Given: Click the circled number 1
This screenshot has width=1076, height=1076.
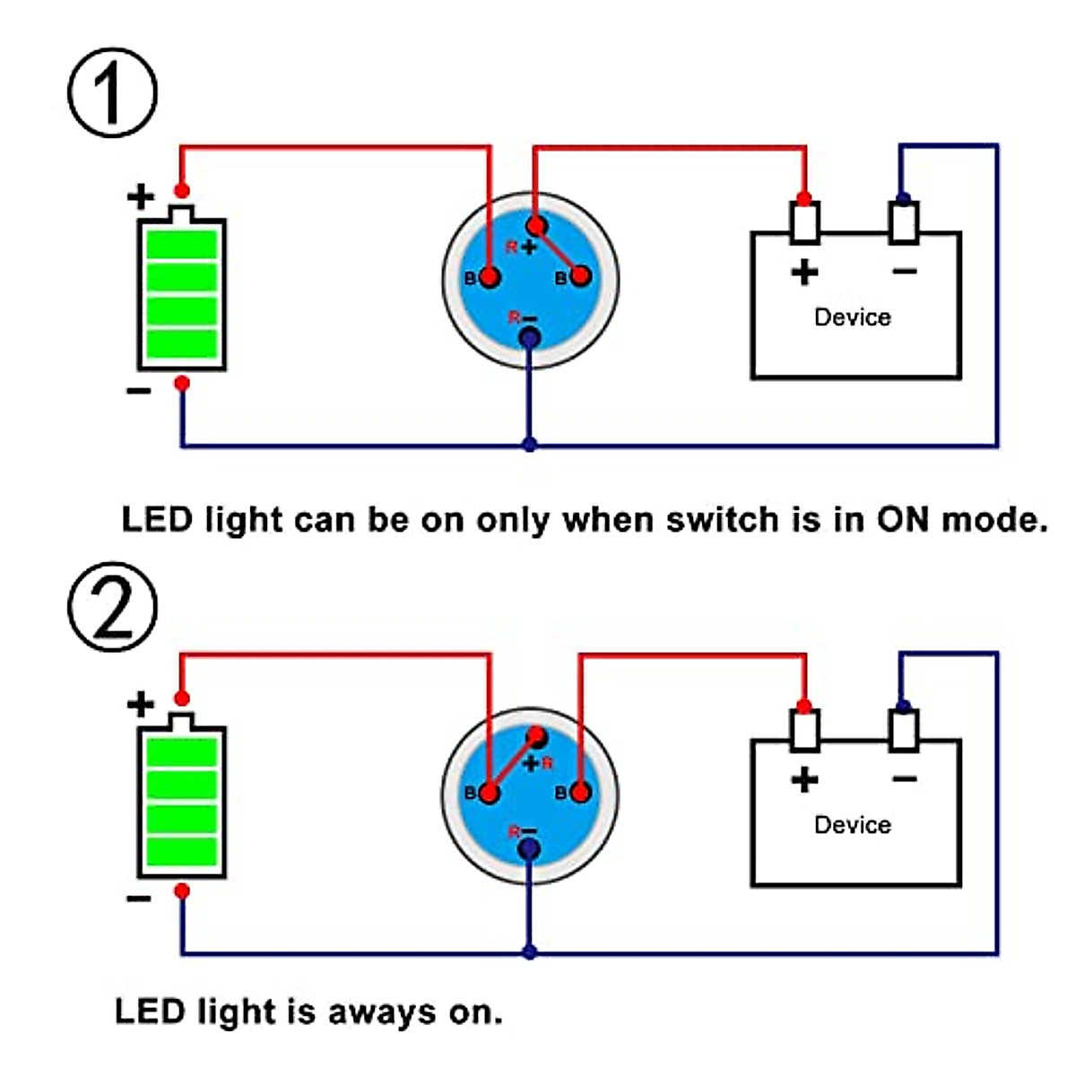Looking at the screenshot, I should [x=112, y=92].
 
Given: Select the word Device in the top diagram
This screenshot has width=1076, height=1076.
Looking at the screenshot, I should [x=852, y=317].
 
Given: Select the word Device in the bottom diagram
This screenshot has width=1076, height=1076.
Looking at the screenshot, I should [x=852, y=825].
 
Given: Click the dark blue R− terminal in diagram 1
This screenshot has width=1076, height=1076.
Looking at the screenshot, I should [x=529, y=337].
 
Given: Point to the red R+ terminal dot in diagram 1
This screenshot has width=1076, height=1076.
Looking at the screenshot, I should [x=536, y=224].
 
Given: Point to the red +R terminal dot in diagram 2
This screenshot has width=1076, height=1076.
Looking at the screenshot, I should [x=536, y=737].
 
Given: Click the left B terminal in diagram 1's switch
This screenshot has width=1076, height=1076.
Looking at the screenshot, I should [x=490, y=276].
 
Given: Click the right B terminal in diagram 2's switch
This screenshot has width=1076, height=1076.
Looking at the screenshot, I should [x=581, y=793].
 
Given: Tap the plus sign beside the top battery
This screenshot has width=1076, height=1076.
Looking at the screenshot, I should [x=141, y=195].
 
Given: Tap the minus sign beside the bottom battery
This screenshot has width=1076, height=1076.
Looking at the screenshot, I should [x=139, y=898].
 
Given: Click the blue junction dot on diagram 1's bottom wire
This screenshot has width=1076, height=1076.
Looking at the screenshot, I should [x=529, y=445].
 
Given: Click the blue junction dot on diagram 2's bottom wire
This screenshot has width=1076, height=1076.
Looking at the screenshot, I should [x=529, y=952].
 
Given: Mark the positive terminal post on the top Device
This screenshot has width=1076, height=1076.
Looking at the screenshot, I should [x=804, y=222].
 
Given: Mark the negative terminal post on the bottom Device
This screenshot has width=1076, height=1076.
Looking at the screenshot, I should [x=904, y=730].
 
